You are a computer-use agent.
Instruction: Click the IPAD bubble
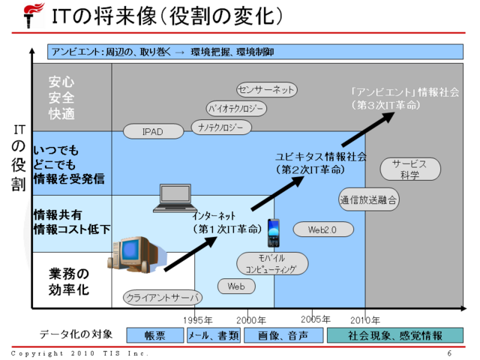click(152, 131)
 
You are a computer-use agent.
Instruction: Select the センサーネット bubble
click(267, 90)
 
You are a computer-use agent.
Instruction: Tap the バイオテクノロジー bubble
click(236, 109)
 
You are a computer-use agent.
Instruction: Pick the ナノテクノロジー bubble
click(220, 127)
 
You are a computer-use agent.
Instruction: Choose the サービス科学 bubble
click(409, 169)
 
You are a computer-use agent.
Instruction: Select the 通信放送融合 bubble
click(368, 199)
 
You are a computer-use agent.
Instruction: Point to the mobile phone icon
click(274, 233)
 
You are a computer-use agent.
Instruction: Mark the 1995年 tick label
click(198, 319)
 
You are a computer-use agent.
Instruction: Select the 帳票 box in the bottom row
click(155, 335)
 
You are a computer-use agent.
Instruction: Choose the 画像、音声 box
click(283, 335)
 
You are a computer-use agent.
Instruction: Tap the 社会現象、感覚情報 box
click(394, 335)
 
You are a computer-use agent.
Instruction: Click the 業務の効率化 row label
click(70, 280)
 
